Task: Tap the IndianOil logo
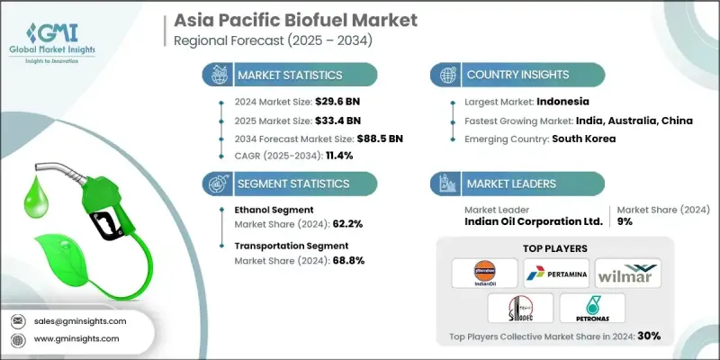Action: click(483, 271)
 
